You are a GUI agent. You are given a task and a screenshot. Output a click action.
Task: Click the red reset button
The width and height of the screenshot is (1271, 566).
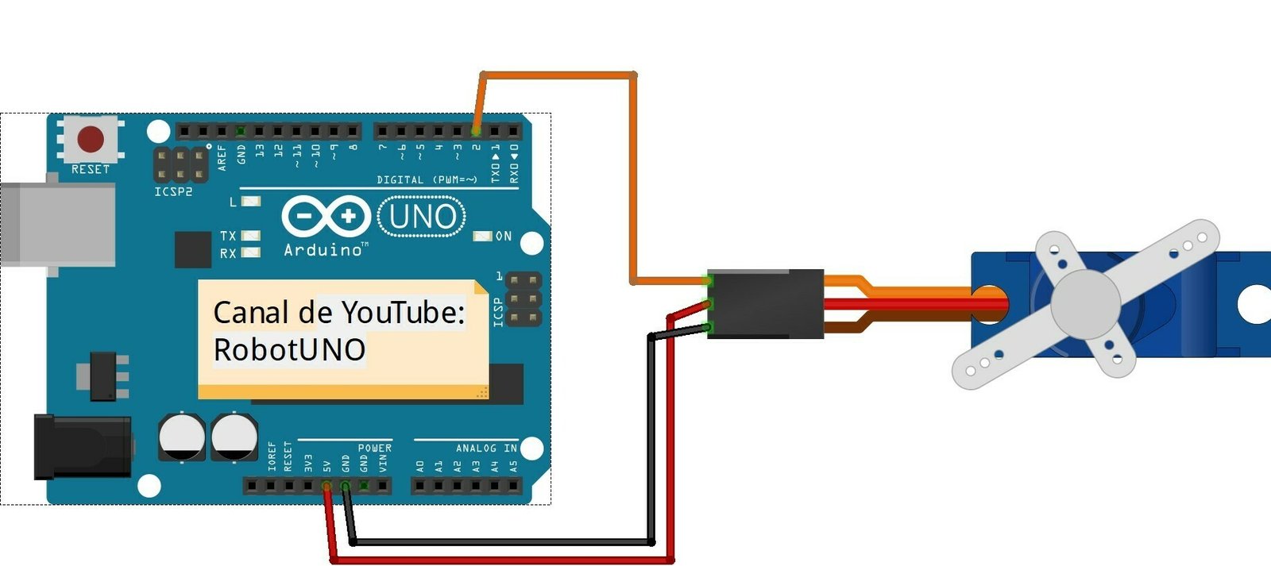[91, 139]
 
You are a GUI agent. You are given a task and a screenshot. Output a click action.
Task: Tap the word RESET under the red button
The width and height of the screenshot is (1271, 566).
[91, 169]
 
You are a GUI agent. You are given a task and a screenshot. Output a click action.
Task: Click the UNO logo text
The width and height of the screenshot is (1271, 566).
[423, 217]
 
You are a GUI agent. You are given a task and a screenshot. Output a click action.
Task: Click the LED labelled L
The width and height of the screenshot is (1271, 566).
[251, 202]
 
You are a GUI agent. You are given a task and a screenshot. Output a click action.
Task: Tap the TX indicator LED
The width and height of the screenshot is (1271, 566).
[251, 236]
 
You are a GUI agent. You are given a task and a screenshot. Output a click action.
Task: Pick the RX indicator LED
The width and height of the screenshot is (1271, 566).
[251, 252]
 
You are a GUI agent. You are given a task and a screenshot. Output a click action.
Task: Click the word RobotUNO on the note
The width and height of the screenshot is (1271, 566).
[289, 349]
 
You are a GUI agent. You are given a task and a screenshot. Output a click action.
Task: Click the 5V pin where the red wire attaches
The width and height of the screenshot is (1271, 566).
[326, 485]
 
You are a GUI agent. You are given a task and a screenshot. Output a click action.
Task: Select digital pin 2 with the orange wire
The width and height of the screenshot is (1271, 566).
[476, 131]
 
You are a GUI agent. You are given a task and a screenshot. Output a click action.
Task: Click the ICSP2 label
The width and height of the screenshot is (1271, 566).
[173, 192]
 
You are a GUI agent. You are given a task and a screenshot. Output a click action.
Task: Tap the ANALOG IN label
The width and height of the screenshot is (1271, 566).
[486, 449]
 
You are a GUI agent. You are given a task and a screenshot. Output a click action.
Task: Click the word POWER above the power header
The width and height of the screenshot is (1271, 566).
[374, 449]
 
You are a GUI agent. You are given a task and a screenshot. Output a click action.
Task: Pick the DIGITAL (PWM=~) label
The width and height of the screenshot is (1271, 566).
[427, 180]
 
